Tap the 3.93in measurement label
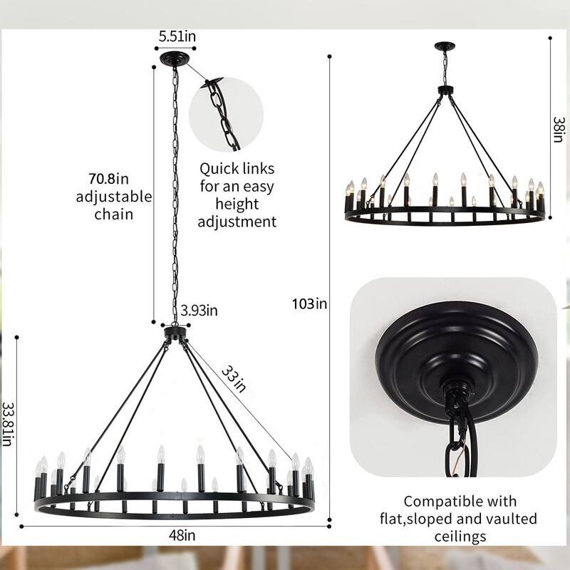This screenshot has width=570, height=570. [x=199, y=310]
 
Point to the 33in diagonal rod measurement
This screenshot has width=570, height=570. [x=232, y=378]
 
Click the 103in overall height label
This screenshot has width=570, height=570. [x=309, y=304]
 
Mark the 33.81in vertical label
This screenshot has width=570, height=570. [x=8, y=425]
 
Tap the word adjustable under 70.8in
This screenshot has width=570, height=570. [x=114, y=196]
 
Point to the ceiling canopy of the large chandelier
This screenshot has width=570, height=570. [x=175, y=59]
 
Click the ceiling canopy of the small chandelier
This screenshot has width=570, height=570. [x=445, y=46]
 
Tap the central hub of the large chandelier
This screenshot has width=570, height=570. [x=175, y=332]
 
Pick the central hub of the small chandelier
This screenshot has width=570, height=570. [x=445, y=90]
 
